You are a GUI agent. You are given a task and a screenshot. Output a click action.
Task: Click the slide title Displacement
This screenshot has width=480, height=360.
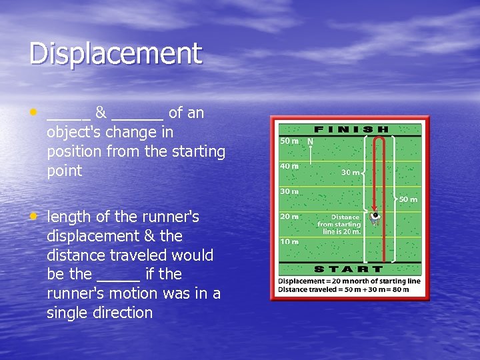(115, 54)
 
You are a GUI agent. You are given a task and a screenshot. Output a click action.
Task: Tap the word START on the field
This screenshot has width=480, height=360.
(349, 269)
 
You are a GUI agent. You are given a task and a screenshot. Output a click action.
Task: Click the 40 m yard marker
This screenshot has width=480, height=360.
(289, 166)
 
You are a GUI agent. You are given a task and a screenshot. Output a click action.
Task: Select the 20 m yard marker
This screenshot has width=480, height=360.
(289, 216)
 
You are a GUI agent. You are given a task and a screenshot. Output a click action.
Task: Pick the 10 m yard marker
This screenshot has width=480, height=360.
(289, 241)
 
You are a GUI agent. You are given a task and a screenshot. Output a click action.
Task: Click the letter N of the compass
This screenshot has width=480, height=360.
(310, 142)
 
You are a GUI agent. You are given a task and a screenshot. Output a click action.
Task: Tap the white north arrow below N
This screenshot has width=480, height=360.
(310, 154)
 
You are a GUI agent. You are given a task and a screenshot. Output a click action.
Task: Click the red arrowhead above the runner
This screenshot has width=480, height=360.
(375, 208)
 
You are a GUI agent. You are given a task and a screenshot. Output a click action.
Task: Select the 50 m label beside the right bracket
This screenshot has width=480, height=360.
(408, 199)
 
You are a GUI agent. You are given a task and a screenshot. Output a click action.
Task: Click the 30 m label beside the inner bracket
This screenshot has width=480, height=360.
(351, 172)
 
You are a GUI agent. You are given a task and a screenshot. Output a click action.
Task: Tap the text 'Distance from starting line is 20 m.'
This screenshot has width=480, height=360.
(339, 225)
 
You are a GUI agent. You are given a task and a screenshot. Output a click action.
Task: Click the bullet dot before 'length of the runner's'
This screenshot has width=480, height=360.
(33, 215)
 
